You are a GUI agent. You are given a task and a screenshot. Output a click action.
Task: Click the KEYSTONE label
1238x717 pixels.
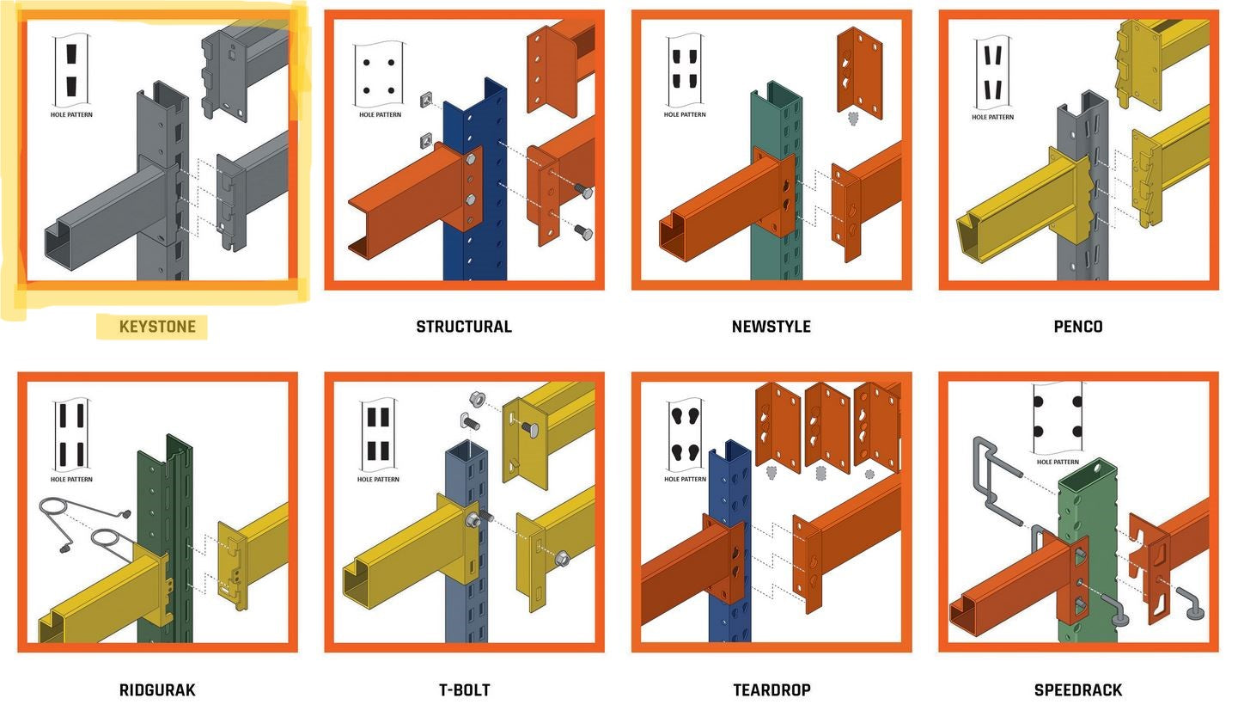pos(156,327)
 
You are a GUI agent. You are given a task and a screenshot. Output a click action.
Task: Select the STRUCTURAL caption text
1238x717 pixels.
pos(464,327)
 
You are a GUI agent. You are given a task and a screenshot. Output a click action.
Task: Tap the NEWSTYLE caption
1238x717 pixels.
pos(771,327)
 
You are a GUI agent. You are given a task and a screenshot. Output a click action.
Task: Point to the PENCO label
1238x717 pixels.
pos(1077,327)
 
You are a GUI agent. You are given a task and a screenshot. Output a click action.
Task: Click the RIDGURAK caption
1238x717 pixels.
pos(157,689)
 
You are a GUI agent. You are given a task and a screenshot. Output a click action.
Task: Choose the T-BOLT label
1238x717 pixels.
pos(464,689)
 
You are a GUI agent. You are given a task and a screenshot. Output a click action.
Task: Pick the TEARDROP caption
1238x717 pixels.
pos(771,689)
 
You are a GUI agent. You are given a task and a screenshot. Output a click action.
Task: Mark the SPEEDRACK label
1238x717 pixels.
pos(1077,689)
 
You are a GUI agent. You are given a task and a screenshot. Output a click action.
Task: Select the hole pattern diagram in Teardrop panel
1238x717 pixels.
pos(685,435)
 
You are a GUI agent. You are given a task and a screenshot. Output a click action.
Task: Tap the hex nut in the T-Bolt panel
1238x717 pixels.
pos(479,400)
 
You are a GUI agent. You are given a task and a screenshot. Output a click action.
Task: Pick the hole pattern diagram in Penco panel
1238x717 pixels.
pos(992,72)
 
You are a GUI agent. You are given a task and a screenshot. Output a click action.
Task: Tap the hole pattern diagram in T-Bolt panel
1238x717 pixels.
pos(379,434)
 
